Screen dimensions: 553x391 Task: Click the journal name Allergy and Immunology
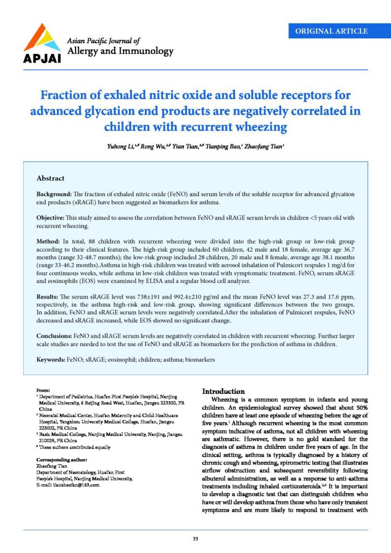coord(119,51)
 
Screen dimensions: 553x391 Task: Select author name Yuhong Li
coord(122,146)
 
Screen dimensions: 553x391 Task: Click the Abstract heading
coord(50,178)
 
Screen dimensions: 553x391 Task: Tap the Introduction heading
coord(224,391)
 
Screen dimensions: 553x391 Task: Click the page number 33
coord(195,538)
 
